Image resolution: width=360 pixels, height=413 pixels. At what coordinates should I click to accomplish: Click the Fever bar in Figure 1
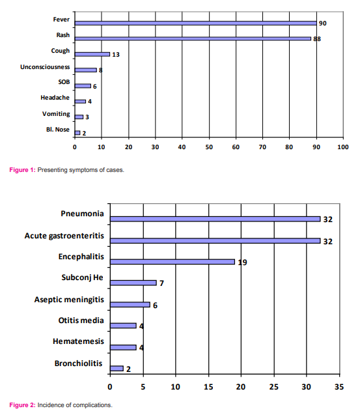click(x=195, y=23)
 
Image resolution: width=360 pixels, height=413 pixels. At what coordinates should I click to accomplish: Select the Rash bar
click(x=193, y=38)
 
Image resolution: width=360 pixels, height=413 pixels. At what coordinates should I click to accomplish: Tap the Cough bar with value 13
click(x=92, y=54)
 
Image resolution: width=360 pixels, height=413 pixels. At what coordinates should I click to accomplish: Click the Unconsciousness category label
click(x=45, y=67)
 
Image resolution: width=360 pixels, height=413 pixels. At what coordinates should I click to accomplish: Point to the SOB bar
click(x=83, y=86)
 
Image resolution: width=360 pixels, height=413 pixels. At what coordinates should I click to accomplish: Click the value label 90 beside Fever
click(x=323, y=23)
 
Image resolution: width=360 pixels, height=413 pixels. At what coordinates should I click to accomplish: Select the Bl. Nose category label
click(x=58, y=130)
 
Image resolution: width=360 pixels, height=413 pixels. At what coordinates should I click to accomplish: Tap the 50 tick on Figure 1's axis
click(x=209, y=147)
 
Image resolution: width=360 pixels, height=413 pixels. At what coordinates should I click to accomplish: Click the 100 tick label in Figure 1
click(x=343, y=147)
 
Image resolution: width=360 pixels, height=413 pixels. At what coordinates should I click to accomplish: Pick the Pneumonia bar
click(x=215, y=219)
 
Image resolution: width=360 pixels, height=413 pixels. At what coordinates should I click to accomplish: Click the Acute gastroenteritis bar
click(x=215, y=241)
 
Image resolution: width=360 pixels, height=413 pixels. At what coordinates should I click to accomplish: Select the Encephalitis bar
click(x=173, y=262)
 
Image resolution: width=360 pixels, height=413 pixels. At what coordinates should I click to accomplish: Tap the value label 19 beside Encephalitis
click(x=242, y=263)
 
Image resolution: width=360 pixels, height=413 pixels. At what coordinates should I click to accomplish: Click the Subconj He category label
click(x=83, y=278)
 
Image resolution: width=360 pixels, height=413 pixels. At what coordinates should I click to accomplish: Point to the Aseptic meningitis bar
click(x=130, y=305)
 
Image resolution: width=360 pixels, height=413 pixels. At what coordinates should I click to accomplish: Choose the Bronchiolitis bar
click(x=117, y=369)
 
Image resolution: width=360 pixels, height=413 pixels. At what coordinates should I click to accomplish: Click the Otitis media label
click(x=81, y=320)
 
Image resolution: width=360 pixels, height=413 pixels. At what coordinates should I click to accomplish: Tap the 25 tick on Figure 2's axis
click(x=273, y=387)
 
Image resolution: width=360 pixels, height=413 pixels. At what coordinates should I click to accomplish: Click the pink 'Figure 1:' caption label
click(x=22, y=170)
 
